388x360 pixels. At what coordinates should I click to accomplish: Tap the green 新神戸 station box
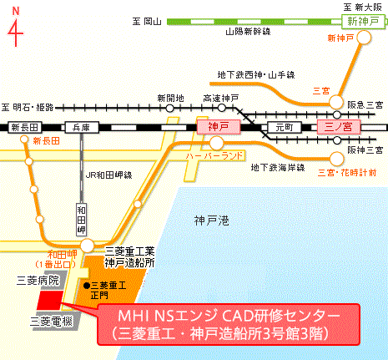[363, 23]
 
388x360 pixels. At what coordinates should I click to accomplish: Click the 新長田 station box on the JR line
[25, 128]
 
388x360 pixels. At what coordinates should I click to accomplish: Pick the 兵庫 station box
[81, 128]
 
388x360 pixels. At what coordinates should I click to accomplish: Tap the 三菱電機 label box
[50, 319]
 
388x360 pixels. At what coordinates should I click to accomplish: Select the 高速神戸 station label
[221, 98]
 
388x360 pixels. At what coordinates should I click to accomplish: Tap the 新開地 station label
[170, 98]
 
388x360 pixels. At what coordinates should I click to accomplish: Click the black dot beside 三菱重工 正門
[87, 285]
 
